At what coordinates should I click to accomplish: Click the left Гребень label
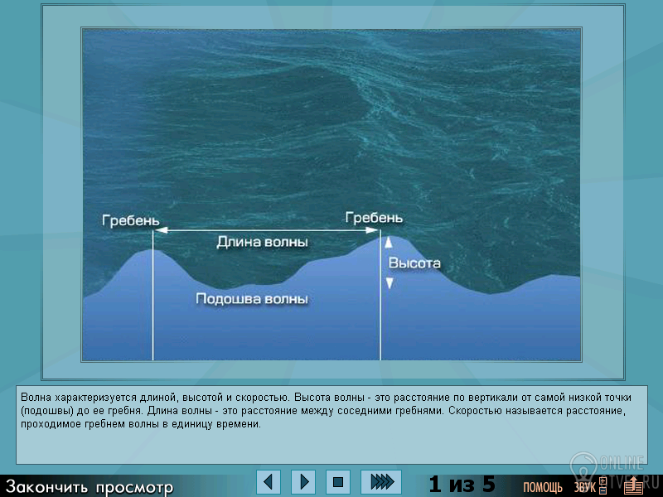131,220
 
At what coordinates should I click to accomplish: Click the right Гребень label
374,218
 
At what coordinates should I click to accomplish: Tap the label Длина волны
262,242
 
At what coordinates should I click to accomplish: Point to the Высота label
414,263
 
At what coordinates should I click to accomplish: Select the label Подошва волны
252,299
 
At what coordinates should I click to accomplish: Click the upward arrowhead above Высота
389,242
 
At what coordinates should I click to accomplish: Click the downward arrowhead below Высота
390,283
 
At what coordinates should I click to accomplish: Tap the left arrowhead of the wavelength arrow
161,230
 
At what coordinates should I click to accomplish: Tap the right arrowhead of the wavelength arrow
372,230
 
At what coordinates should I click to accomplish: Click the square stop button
338,482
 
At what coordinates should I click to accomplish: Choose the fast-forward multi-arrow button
381,482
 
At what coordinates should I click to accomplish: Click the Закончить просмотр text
90,487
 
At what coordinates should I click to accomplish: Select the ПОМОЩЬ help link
543,488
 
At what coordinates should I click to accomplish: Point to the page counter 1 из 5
462,484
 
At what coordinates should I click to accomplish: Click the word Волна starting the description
36,398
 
